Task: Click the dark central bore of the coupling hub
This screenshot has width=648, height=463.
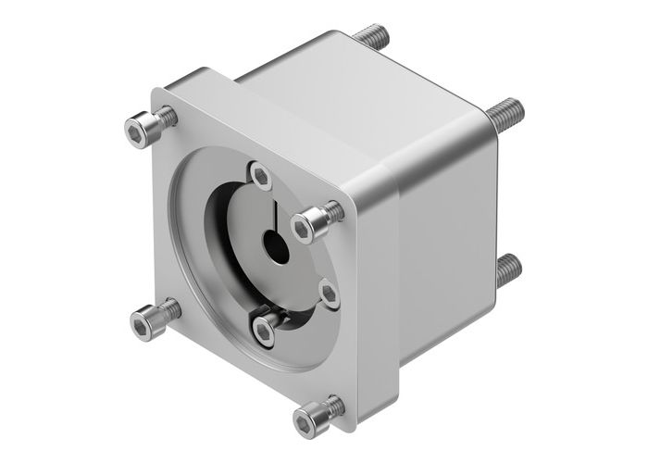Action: coord(275,247)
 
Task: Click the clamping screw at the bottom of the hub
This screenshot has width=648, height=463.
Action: coord(267,325)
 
